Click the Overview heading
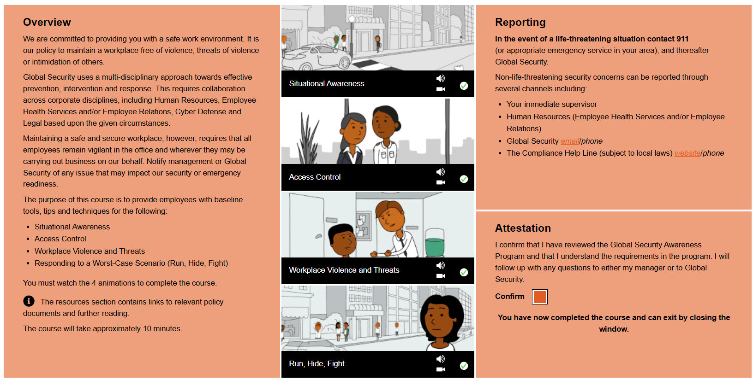pyautogui.click(x=47, y=22)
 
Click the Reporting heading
pyautogui.click(x=520, y=22)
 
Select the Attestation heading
pyautogui.click(x=523, y=228)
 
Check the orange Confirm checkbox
pyautogui.click(x=539, y=297)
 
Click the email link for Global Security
pyautogui.click(x=570, y=141)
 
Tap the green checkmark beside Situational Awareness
pyautogui.click(x=464, y=86)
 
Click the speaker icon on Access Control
pyautogui.click(x=440, y=172)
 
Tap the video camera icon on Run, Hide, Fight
pyautogui.click(x=440, y=369)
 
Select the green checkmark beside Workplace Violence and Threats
pyautogui.click(x=464, y=272)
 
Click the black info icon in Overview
pyautogui.click(x=29, y=301)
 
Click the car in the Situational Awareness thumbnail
pyautogui.click(x=317, y=58)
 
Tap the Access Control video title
pyautogui.click(x=315, y=177)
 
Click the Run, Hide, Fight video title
pyautogui.click(x=317, y=363)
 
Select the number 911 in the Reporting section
pyautogui.click(x=682, y=39)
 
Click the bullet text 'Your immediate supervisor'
pyautogui.click(x=552, y=105)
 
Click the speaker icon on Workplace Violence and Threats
pyautogui.click(x=440, y=265)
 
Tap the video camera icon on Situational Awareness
pyautogui.click(x=440, y=89)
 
